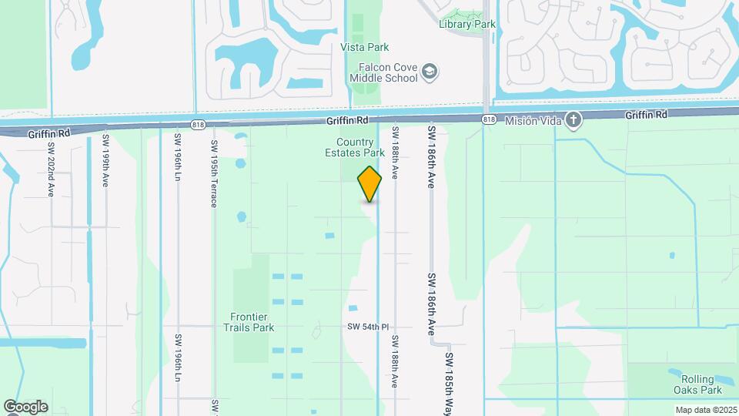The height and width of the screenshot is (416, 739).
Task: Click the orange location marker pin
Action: click(369, 184)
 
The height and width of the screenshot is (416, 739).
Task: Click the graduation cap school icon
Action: click(430, 72)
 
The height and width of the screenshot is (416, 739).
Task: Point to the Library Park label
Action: click(467, 24)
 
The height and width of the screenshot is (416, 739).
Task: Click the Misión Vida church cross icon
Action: click(573, 119)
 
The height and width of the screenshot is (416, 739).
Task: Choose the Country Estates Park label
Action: click(360, 147)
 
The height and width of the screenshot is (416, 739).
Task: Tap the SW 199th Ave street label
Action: click(105, 161)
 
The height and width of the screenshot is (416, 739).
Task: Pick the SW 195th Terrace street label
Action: click(214, 165)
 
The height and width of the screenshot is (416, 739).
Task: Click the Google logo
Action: click(25, 407)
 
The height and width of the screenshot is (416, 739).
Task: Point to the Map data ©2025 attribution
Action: click(706, 410)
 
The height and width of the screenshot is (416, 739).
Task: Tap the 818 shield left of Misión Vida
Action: click(489, 119)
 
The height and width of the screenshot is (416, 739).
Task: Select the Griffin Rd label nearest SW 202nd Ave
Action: click(48, 133)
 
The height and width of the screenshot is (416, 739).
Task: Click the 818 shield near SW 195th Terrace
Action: click(199, 124)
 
